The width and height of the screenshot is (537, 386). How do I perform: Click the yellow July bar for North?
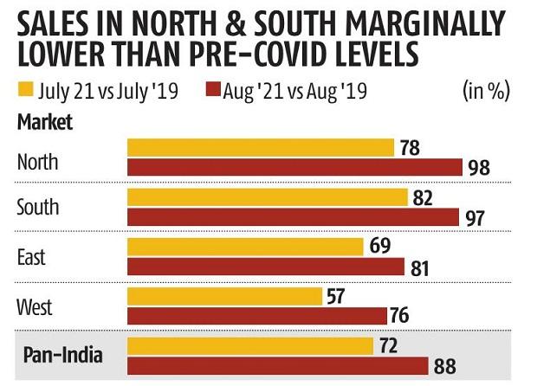pos(260,147)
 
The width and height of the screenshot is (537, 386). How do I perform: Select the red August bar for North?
pos(294,167)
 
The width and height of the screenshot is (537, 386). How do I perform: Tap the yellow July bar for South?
pos(268,197)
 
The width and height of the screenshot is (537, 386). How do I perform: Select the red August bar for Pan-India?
pos(278,366)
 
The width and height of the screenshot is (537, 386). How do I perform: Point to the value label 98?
pos(478,168)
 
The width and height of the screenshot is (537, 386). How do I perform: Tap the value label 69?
pos(380,248)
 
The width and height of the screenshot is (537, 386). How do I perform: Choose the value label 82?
pos(424,197)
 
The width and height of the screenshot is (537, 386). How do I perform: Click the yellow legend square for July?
pos(26,89)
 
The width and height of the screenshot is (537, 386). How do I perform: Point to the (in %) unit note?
pos(487,89)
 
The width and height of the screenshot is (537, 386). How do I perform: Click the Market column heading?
pos(45,121)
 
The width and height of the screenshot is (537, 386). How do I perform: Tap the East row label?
pos(31,257)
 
